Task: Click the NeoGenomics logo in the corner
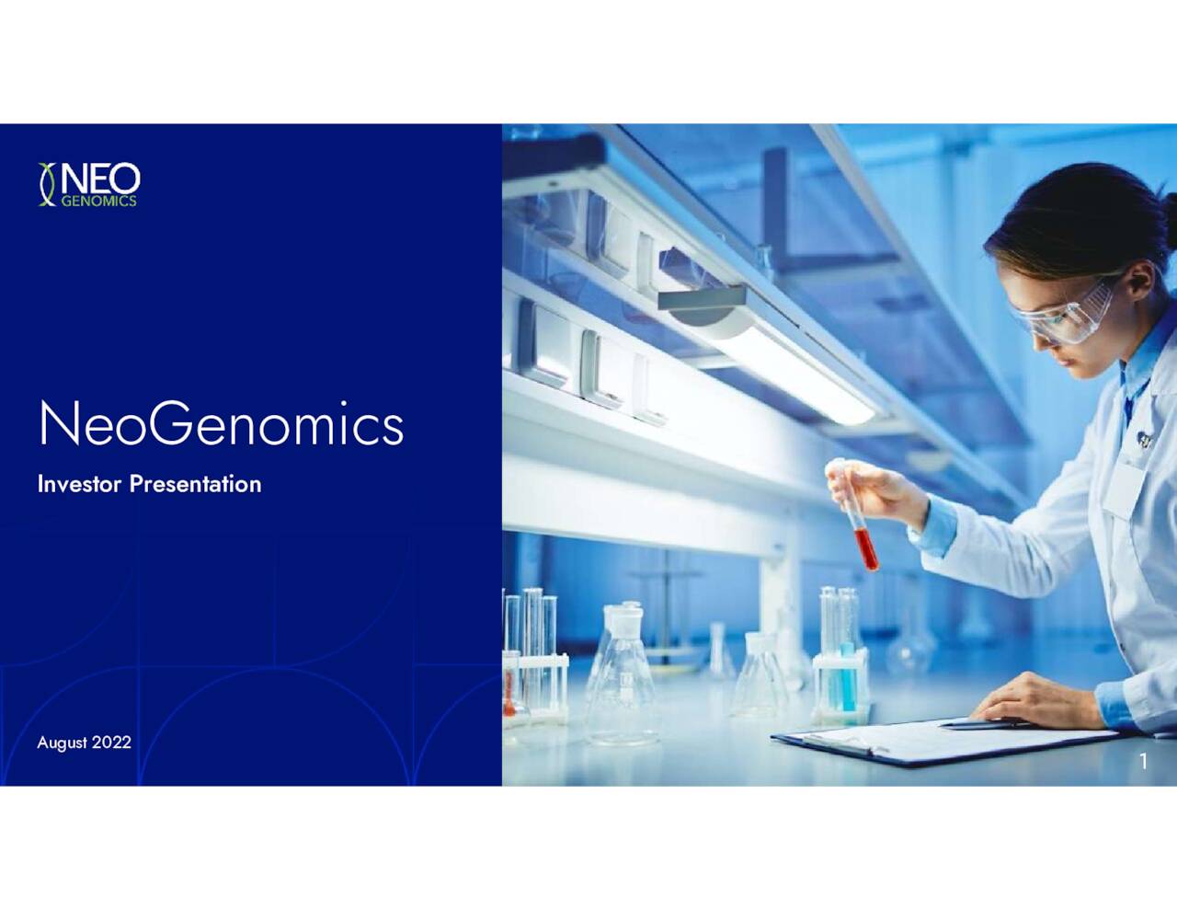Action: click(x=89, y=184)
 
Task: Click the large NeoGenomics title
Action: click(x=221, y=424)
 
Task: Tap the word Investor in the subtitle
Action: click(x=79, y=484)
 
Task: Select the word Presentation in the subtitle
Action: click(x=195, y=484)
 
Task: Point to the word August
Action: click(x=62, y=743)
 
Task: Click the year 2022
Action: click(x=111, y=743)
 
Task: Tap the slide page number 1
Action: click(x=1143, y=762)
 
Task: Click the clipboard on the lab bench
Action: click(x=938, y=740)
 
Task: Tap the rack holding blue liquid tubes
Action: click(x=840, y=681)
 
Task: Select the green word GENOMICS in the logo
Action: click(x=98, y=201)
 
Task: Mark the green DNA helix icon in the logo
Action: click(x=47, y=184)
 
